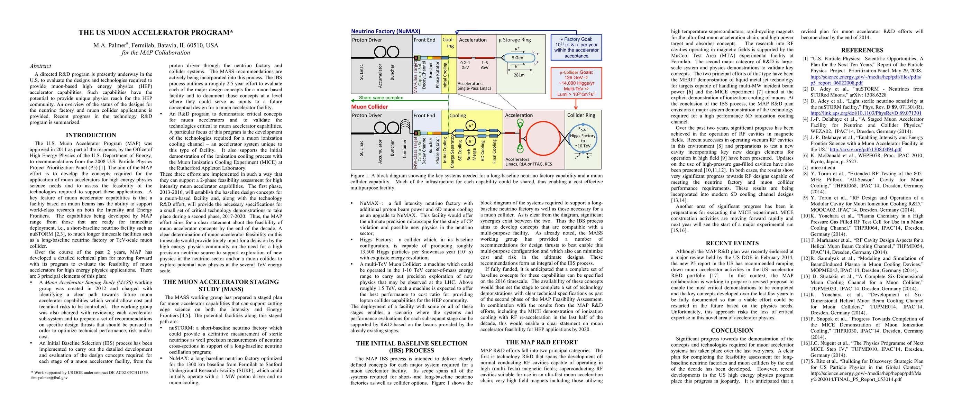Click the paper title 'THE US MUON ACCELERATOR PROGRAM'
[x=156, y=33]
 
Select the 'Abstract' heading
[x=40, y=66]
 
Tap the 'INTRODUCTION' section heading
[x=91, y=135]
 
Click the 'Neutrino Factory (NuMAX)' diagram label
[x=385, y=31]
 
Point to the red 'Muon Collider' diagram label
[x=369, y=107]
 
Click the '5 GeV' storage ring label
[x=517, y=58]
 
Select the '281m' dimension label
[x=519, y=75]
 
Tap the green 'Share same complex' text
[x=381, y=98]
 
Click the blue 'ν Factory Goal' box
[x=576, y=47]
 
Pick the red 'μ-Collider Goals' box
[x=576, y=83]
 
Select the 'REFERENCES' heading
[x=862, y=50]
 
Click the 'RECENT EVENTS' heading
[x=732, y=243]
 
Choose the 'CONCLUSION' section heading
[x=732, y=331]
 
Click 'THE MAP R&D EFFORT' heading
[x=541, y=342]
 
